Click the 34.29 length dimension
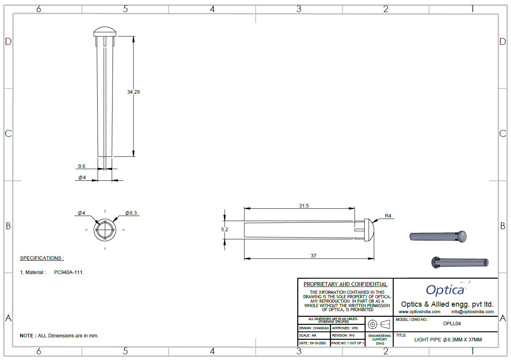point(133,92)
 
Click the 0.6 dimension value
point(81,166)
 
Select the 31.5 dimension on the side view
point(304,206)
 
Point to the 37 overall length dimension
point(313,256)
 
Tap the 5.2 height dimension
point(225,229)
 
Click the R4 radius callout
point(388,216)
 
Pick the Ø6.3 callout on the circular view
point(131,213)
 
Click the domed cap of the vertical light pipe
point(105,31)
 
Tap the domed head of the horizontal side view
point(369,230)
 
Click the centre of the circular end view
point(105,230)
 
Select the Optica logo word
point(445,290)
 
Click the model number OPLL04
point(452,323)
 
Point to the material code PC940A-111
point(69,272)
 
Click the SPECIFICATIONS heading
point(42,258)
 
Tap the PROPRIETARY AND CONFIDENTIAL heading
point(345,284)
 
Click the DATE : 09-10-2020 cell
point(312,343)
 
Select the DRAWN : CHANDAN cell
point(314,328)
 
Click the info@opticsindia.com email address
point(472,312)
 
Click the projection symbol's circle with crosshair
point(373,324)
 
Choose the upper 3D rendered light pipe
point(438,237)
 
